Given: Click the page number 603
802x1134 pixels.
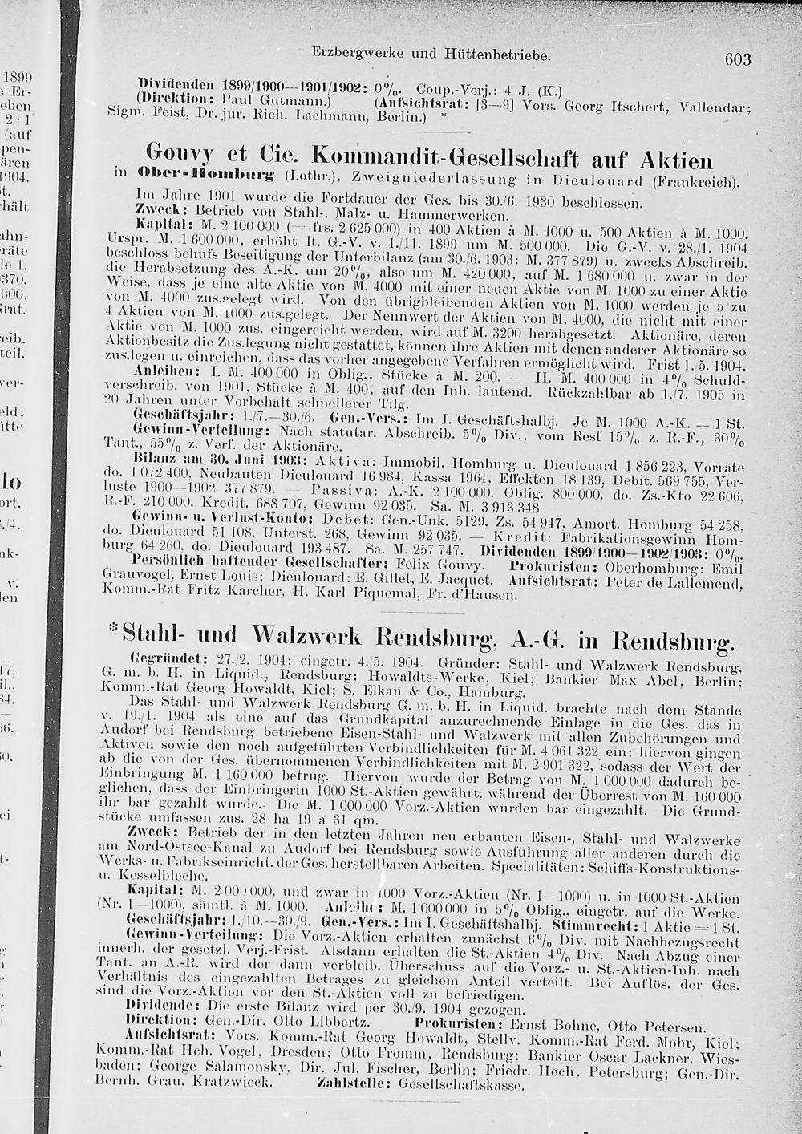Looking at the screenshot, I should pos(736,59).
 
